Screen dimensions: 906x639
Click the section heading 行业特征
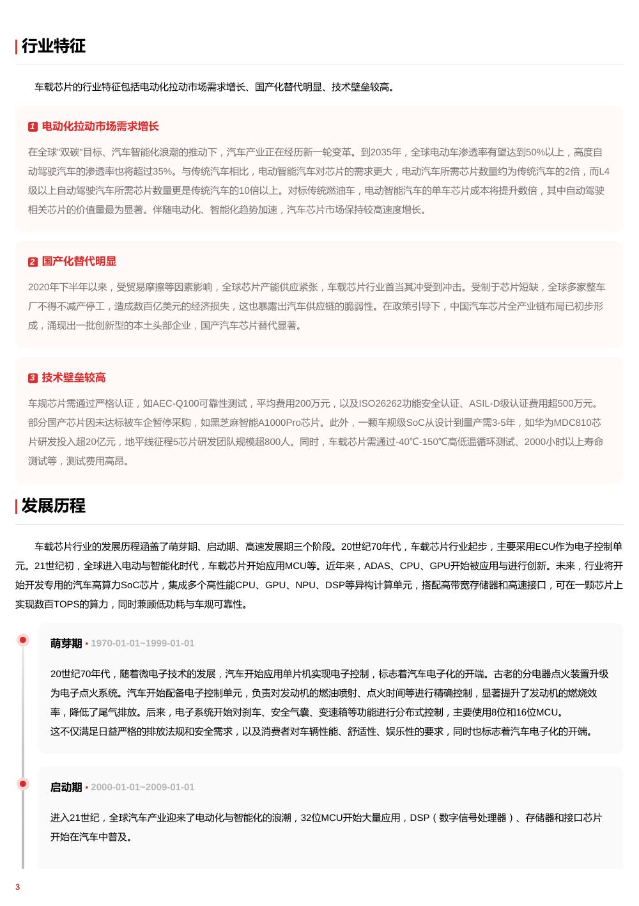pos(53,46)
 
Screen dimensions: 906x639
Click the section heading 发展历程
pos(53,506)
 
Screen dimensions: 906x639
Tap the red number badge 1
pos(33,127)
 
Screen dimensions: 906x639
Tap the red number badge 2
pos(33,262)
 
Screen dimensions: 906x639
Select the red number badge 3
pos(33,379)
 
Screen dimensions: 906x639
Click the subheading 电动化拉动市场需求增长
pos(100,127)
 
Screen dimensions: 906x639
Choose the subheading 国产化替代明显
pos(79,262)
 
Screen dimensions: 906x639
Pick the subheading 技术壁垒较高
pos(74,378)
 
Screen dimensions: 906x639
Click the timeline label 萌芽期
pos(66,643)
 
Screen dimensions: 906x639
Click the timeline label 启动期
pos(66,787)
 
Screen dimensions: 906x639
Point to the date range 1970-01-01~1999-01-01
pos(142,643)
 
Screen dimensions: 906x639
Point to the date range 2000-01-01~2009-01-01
pos(142,787)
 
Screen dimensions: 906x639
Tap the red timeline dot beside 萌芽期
pos(23,640)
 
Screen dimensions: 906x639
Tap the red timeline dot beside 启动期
pos(23,784)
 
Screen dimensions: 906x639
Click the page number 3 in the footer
pos(18,887)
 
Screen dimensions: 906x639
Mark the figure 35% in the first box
pos(162,171)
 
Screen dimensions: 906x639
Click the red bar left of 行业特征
pos(17,47)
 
